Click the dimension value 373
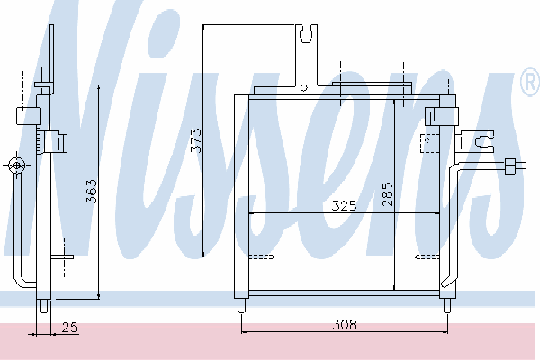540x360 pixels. click(196, 140)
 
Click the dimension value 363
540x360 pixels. click(92, 191)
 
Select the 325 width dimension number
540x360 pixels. click(344, 206)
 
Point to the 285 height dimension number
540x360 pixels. click(387, 194)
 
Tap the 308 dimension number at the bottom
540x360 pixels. click(345, 325)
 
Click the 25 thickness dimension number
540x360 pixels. click(70, 327)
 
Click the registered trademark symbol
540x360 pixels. click(531, 82)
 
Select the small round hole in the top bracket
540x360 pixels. click(304, 88)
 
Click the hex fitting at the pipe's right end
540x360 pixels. click(510, 166)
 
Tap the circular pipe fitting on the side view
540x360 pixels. click(17, 166)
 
